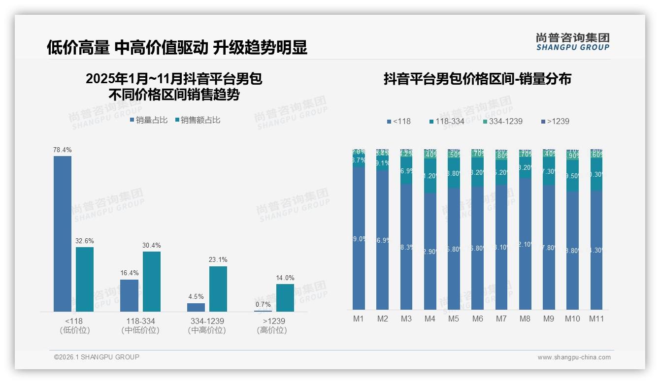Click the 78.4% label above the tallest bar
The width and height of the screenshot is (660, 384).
click(x=63, y=150)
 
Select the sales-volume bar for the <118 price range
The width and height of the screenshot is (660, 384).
click(x=63, y=233)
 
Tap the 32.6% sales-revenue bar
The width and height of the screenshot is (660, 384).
click(x=85, y=279)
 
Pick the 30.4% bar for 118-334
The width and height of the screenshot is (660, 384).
click(x=152, y=281)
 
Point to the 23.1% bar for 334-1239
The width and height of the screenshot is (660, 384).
click(x=218, y=288)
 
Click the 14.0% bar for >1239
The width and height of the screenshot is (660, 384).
click(x=285, y=297)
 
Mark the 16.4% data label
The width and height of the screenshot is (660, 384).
click(x=130, y=273)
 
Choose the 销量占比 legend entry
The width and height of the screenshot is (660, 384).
click(x=148, y=120)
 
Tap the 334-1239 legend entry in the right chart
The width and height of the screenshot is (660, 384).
click(x=502, y=121)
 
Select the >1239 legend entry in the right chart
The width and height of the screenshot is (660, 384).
click(x=555, y=121)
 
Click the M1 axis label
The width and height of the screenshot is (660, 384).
click(x=359, y=319)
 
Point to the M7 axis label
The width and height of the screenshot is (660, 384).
click(x=501, y=319)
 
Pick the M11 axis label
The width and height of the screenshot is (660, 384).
click(x=596, y=319)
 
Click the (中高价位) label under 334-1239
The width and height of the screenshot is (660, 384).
click(x=207, y=330)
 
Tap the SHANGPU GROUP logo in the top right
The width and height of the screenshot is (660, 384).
click(x=572, y=42)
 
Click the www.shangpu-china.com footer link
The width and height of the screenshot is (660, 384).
click(x=574, y=357)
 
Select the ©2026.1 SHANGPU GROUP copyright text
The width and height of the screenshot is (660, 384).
click(x=97, y=357)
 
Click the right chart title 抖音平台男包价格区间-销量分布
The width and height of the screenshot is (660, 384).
click(x=477, y=79)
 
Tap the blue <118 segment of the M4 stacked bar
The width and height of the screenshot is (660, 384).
click(x=430, y=251)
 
